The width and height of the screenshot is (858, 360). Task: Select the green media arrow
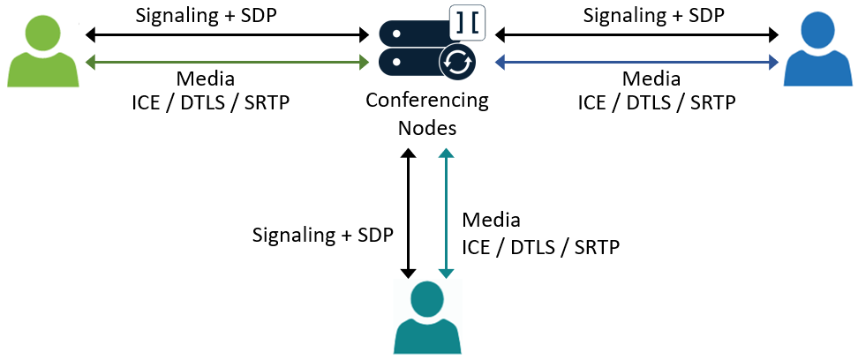tap(227, 62)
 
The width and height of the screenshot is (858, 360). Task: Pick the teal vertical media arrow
tap(448, 212)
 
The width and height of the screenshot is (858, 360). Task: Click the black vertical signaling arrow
tap(408, 212)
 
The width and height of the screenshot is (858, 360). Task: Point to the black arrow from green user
tap(227, 35)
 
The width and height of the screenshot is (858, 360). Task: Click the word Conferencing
tap(427, 100)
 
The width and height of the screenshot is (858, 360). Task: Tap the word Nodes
tap(427, 127)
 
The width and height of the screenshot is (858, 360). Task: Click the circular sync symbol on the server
tap(458, 61)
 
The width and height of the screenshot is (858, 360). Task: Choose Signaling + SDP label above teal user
tap(323, 235)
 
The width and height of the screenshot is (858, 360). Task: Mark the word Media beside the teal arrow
tap(492, 219)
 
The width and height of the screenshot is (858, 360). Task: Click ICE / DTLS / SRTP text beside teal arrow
tap(540, 246)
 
